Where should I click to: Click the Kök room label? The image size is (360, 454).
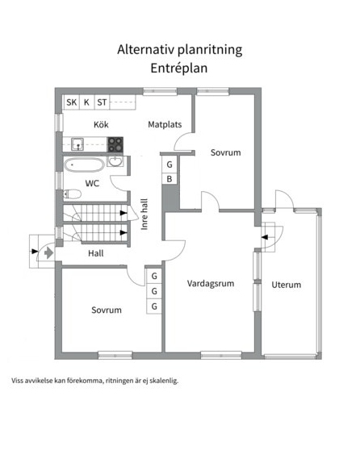[x=101, y=125]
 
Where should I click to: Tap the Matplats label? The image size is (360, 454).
[x=165, y=124]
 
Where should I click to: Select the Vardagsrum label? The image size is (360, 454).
[x=211, y=284]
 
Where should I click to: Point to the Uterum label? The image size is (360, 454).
[x=286, y=285]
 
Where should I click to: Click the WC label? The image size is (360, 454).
[x=92, y=183]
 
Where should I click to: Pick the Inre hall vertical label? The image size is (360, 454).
[x=144, y=215]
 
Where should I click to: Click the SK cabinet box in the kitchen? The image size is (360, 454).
[x=72, y=102]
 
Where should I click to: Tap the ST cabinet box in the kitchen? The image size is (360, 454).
[x=102, y=102]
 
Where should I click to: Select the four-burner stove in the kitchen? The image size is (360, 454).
[x=115, y=144]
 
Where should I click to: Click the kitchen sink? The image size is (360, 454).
[x=77, y=144]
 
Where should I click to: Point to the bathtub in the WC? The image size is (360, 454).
[x=84, y=165]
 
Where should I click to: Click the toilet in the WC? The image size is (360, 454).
[x=72, y=194]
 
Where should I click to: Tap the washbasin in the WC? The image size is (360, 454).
[x=115, y=161]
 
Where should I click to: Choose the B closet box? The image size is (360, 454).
[x=170, y=179]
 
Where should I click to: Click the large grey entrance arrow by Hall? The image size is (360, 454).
[x=48, y=252]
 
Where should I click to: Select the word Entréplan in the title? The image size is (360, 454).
[x=179, y=69]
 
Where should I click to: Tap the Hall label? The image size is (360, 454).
[x=96, y=253]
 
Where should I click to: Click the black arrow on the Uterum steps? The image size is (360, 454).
[x=265, y=237]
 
